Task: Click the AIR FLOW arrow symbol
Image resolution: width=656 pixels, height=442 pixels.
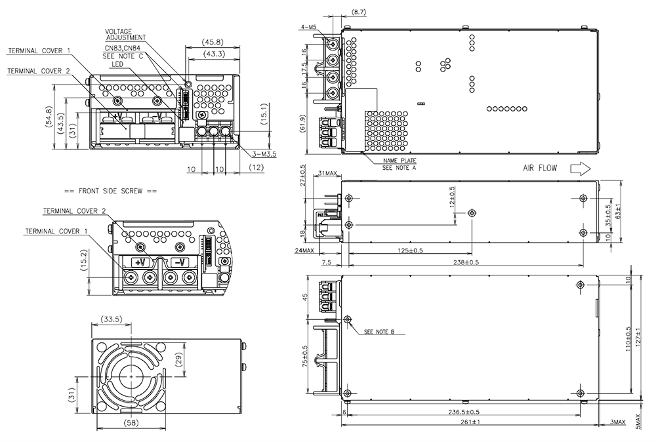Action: click(581, 169)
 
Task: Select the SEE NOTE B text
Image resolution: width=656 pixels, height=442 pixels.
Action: click(379, 332)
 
